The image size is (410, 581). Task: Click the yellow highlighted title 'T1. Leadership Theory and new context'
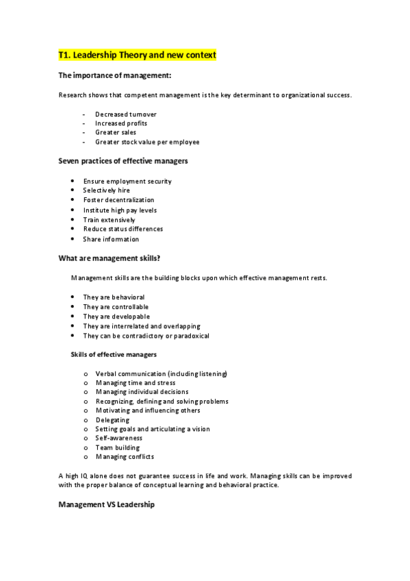point(137,55)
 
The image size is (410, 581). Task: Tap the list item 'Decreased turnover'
point(126,114)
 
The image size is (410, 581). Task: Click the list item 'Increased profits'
point(121,123)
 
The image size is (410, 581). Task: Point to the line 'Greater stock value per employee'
point(147,143)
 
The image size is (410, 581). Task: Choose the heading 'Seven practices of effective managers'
point(123,161)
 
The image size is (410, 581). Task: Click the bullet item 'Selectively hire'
point(106,190)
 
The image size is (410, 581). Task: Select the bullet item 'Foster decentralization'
point(118,200)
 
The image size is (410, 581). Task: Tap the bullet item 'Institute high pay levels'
point(120,210)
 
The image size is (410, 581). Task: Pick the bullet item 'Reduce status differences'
point(123,229)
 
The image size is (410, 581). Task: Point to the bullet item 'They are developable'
point(116,317)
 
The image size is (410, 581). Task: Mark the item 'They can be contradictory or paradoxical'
point(146,336)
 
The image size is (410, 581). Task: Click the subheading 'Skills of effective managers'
point(114,355)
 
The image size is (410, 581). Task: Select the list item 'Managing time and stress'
point(136,382)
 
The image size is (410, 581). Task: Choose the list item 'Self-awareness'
point(119,438)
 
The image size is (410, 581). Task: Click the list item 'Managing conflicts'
point(125,456)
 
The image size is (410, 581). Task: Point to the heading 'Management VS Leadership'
point(107,505)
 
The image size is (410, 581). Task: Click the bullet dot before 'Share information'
point(73,239)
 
